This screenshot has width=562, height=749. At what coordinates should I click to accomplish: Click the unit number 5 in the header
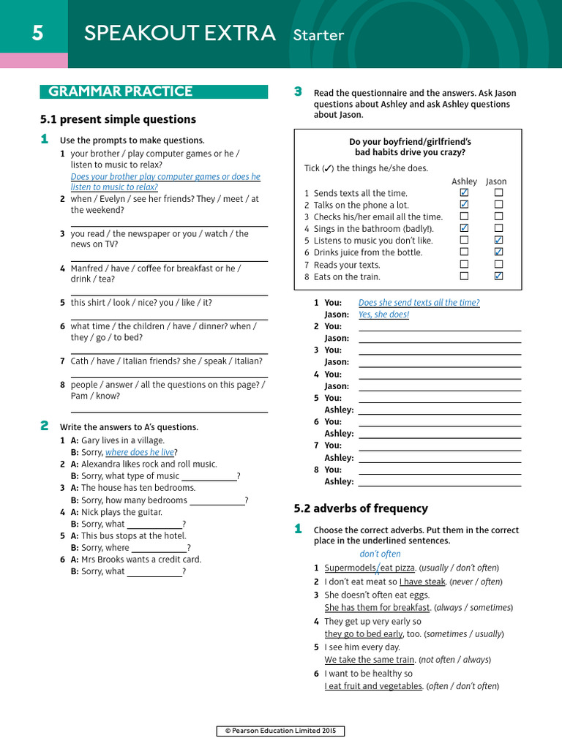pos(37,34)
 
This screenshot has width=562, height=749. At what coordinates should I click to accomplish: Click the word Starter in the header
pos(318,35)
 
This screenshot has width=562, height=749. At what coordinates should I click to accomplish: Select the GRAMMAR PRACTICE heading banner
pos(120,91)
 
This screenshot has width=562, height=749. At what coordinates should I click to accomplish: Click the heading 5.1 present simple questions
pos(118,119)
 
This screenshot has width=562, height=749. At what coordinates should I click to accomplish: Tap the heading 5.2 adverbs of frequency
pos(361,508)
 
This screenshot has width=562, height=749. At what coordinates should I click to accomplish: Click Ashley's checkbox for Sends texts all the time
pos(464,193)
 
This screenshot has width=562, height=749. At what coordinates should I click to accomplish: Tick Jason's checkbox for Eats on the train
pos(498,276)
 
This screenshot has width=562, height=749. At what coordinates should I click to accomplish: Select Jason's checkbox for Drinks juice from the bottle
pos(498,252)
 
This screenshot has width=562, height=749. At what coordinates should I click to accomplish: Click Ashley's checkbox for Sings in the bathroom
pos(464,228)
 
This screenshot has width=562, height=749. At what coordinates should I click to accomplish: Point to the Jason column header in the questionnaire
pos(496,181)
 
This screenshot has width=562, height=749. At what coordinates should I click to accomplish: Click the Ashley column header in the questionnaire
pos(464,181)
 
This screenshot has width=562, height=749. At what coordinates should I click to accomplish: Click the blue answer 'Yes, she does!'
pos(383,315)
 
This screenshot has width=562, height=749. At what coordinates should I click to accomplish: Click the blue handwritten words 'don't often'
pos(380,554)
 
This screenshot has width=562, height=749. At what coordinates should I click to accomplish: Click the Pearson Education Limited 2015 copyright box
pos(280,731)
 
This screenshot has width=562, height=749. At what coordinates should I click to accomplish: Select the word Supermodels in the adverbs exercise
pos(350,568)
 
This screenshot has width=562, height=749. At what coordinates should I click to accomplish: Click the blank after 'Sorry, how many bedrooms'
pos(217,500)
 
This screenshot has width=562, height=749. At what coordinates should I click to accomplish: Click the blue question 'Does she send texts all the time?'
pos(419,303)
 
